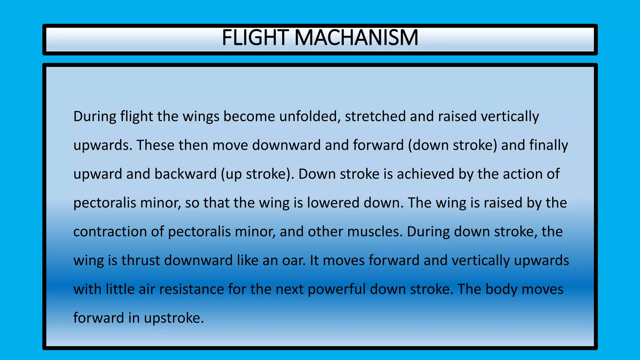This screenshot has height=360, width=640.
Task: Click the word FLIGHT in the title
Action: [x=255, y=37]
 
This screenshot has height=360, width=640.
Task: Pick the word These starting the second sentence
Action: [x=155, y=145]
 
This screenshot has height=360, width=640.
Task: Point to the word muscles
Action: [x=375, y=232]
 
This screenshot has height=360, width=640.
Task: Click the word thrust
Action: [x=141, y=260]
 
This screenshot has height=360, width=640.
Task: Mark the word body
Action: [x=501, y=289]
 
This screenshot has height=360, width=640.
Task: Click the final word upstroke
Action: [x=174, y=318]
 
